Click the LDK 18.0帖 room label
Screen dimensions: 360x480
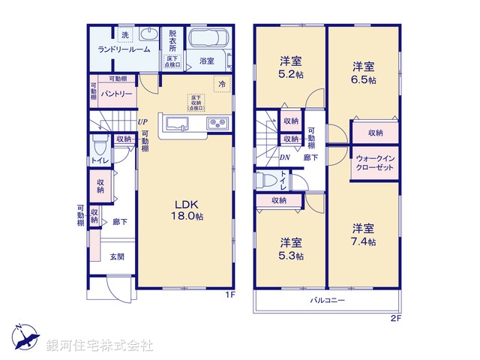189,209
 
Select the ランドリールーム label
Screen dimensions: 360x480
124,49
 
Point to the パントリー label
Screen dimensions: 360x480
118,94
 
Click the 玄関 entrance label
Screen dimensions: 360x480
118,257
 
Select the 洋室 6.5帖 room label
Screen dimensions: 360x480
364,73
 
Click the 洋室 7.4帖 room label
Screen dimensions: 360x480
364,234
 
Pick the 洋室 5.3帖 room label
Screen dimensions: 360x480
292,249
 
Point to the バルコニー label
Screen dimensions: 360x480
328,300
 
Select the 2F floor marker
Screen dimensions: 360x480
396,318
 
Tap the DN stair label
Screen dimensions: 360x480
285,157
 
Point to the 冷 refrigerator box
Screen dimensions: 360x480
222,85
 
